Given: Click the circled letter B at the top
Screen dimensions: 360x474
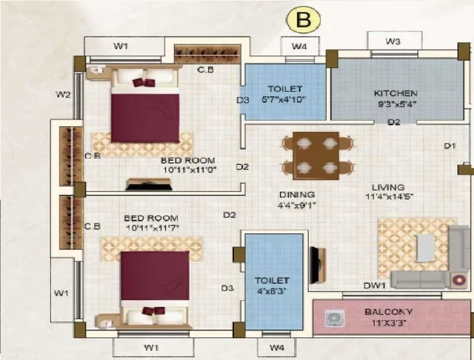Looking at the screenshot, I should coord(303,20).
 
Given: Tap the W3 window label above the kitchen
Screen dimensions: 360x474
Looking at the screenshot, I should coord(393,41).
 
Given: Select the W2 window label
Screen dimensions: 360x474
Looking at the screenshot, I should coord(63,94).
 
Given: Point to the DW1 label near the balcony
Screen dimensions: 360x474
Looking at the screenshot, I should coord(374,286).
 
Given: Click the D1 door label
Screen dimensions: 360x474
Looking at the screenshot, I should coord(449,145).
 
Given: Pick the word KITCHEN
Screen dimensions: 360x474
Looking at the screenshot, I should coord(395,93).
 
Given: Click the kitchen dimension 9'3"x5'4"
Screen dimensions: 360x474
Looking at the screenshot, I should coord(395,103).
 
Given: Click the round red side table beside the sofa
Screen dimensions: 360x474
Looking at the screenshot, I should coord(460,279).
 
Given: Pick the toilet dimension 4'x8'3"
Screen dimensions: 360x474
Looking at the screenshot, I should coord(271,291).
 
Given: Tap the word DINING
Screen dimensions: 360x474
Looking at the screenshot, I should coord(297,195).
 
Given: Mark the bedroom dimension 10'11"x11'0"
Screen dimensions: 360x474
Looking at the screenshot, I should coord(188,169).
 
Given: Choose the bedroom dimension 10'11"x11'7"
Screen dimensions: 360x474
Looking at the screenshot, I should coord(151,228).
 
